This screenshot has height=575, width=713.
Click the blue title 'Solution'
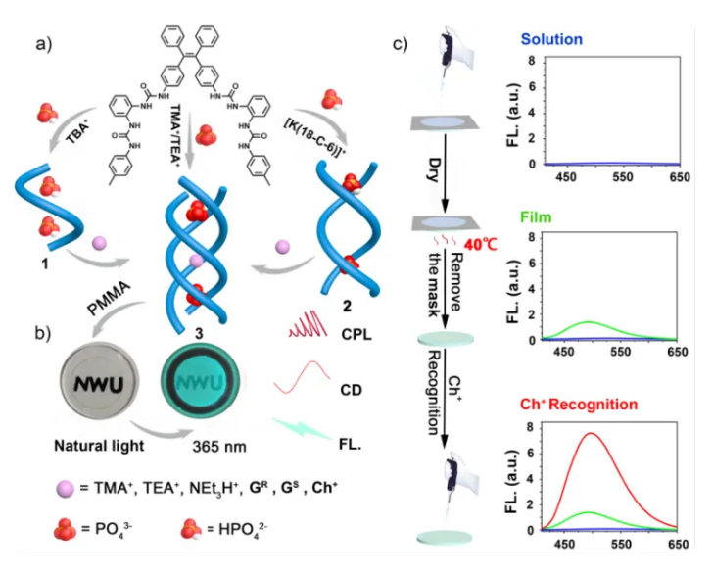[x=551, y=40]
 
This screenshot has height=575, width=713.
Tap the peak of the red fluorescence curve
[x=592, y=433]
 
